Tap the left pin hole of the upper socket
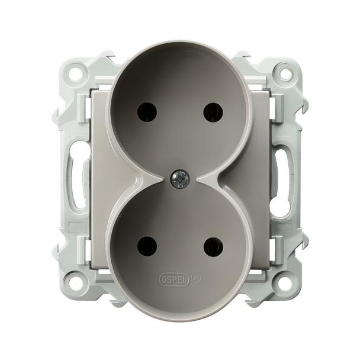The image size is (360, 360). pos(147,112)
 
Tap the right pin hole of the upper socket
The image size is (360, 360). pos(214,112)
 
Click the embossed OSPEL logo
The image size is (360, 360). pos(174,280)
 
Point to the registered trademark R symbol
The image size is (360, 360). pos(197,279)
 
